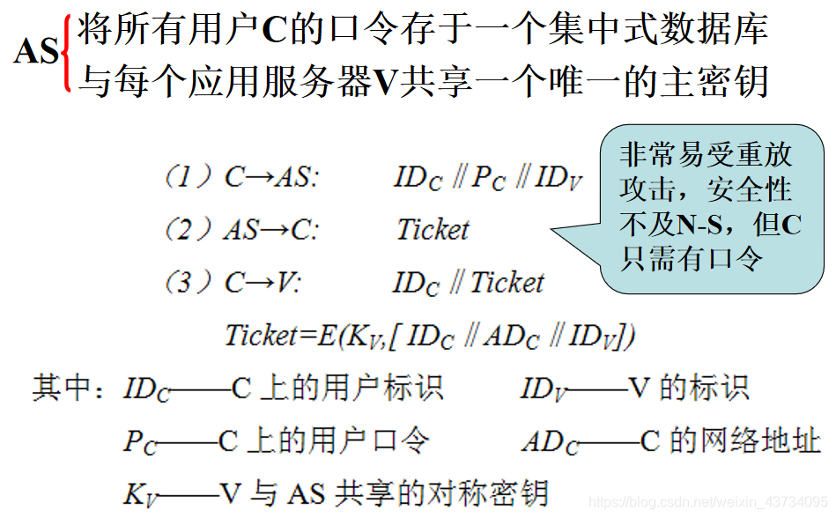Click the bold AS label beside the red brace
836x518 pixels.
(x=36, y=54)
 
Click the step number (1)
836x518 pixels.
(x=188, y=178)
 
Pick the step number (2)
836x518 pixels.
(x=188, y=230)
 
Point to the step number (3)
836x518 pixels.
(x=188, y=282)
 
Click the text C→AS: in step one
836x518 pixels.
(x=271, y=178)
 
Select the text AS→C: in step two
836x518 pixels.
(x=270, y=230)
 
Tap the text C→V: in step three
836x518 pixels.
(x=263, y=282)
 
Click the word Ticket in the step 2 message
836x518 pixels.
(x=433, y=230)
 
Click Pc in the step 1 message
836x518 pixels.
(x=489, y=179)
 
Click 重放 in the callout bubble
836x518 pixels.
(x=762, y=155)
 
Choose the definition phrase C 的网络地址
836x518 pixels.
(x=730, y=440)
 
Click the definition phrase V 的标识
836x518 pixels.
(x=687, y=388)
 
